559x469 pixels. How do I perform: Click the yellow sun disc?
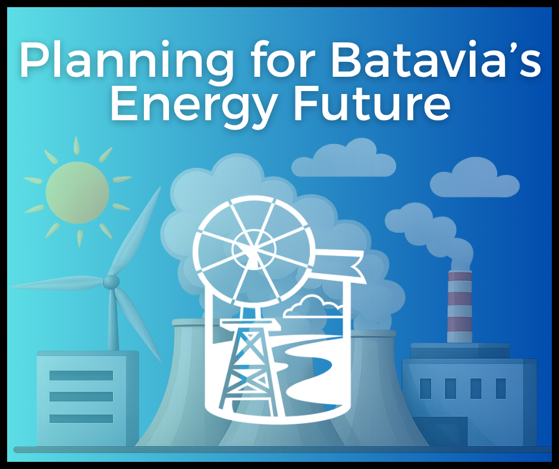click(77, 192)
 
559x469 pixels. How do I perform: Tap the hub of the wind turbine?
click(111, 281)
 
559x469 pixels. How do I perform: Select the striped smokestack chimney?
click(459, 307)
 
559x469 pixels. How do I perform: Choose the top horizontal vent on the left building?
click(81, 376)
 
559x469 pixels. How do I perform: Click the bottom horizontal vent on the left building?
click(81, 418)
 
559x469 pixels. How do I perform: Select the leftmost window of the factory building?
click(425, 389)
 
